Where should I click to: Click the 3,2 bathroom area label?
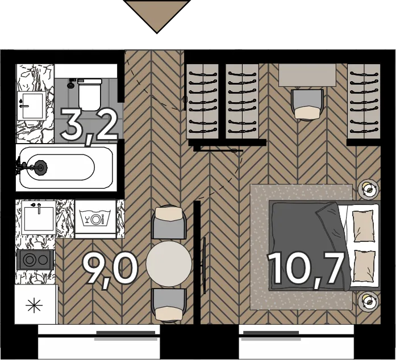click(x=89, y=126)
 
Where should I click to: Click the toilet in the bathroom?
click(x=90, y=95)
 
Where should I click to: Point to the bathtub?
click(x=66, y=168)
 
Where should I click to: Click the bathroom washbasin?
click(x=32, y=106)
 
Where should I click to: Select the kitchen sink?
click(x=39, y=217)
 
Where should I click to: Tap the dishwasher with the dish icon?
click(x=95, y=219)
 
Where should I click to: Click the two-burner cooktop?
click(x=35, y=259)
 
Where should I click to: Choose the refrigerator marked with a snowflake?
click(x=35, y=304)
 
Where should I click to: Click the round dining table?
click(x=169, y=263)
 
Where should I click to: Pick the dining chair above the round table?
click(x=169, y=223)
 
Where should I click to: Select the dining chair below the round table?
click(x=169, y=305)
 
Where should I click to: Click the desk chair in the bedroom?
click(x=307, y=104)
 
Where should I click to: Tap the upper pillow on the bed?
click(x=363, y=227)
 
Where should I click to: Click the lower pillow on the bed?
click(x=363, y=266)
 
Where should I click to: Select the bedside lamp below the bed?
click(x=369, y=301)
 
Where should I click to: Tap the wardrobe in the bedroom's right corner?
click(x=364, y=101)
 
